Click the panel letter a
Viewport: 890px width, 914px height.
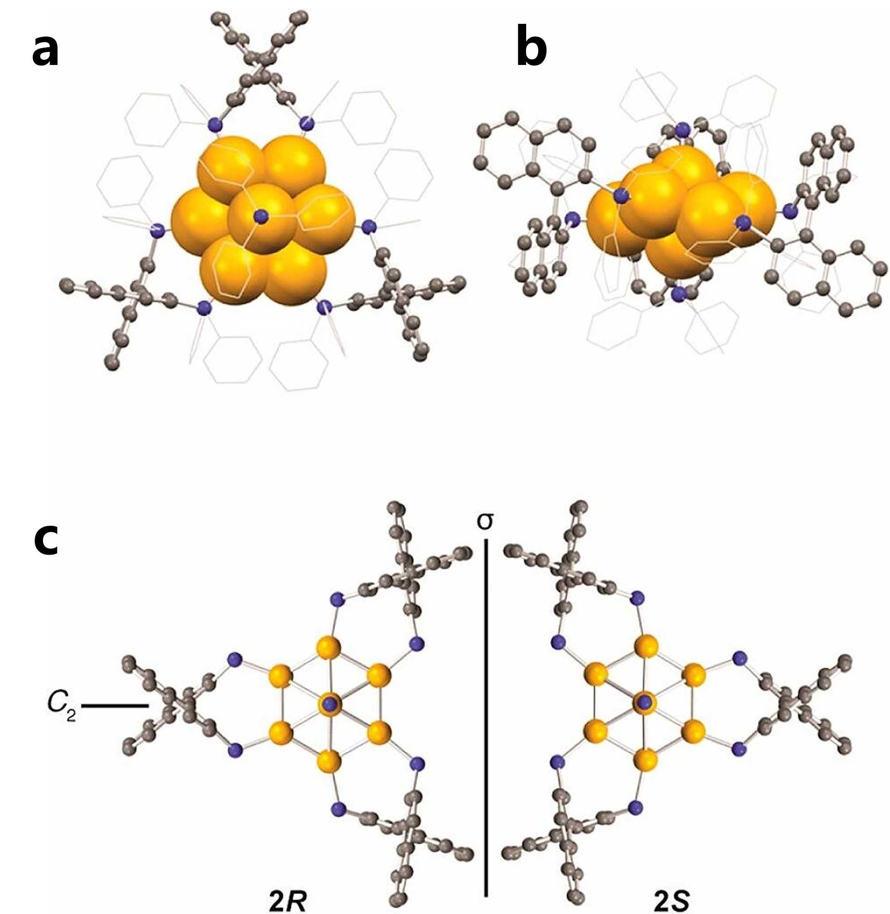(45, 51)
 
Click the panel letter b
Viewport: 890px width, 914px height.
(531, 51)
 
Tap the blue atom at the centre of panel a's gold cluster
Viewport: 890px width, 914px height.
(260, 216)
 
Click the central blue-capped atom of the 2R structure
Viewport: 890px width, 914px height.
(331, 703)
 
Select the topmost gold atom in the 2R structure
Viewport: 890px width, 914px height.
(328, 648)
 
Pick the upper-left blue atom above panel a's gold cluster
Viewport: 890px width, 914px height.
(215, 125)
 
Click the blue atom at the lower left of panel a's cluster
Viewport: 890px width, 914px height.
(203, 308)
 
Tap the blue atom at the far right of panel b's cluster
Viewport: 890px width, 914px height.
(790, 212)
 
